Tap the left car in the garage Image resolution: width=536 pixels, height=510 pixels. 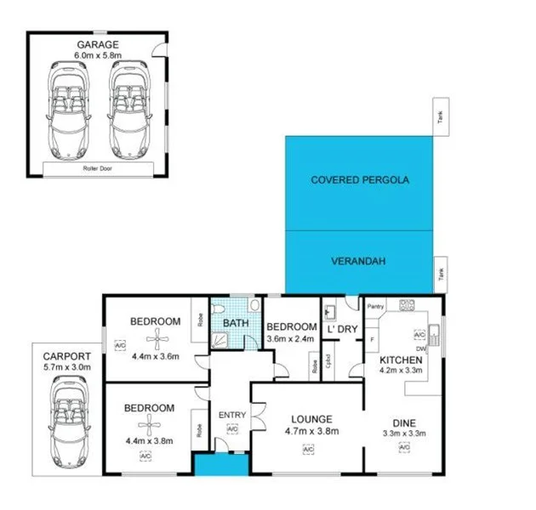(x=68, y=105)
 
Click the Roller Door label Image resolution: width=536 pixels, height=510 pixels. (x=97, y=169)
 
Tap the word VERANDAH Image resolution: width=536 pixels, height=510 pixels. (x=359, y=262)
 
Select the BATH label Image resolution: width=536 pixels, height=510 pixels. (x=235, y=323)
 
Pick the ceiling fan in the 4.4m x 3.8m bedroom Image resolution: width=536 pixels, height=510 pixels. (x=151, y=426)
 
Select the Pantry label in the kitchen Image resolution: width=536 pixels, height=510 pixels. (x=377, y=306)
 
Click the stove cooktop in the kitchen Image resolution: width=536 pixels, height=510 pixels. (x=406, y=304)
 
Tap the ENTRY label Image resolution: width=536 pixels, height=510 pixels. (x=231, y=415)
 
